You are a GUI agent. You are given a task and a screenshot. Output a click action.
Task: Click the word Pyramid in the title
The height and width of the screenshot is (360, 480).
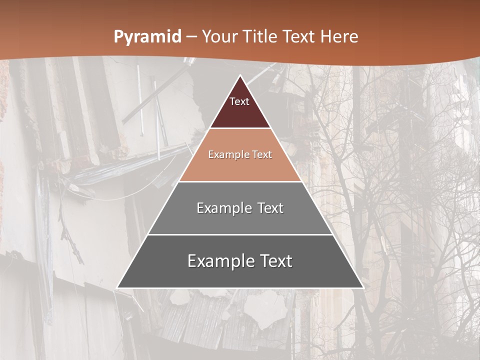[x=147, y=37]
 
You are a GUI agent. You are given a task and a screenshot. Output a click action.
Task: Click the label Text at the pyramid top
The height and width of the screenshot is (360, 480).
[x=239, y=101]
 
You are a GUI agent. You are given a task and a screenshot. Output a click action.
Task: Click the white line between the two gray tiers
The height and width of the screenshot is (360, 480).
[x=240, y=234]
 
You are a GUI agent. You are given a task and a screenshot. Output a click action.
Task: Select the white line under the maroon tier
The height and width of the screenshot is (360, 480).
[x=240, y=128]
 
